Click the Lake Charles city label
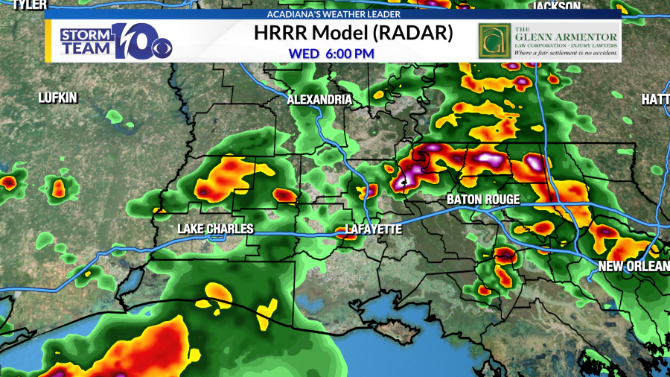[215, 229]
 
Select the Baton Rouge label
[482, 200]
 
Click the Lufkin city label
[58, 98]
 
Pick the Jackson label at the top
[556, 6]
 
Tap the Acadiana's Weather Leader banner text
[333, 14]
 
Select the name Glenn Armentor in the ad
[566, 37]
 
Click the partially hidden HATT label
[656, 99]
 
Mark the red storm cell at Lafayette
[345, 234]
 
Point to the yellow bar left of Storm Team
[49, 40]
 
